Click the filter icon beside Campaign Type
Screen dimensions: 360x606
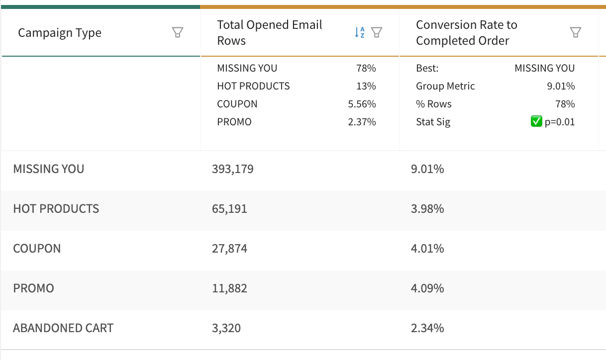point(177,33)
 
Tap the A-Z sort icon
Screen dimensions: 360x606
point(360,33)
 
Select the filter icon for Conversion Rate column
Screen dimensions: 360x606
point(575,33)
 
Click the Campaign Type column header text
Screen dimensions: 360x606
point(60,33)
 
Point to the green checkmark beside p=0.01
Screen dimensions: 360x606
point(536,122)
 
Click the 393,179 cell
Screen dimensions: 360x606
point(233,169)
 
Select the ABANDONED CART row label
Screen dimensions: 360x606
point(63,328)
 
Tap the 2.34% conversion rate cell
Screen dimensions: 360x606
point(427,328)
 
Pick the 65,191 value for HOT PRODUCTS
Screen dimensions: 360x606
point(229,209)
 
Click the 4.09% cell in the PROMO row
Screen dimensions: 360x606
point(427,288)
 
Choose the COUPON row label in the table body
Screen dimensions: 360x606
point(37,249)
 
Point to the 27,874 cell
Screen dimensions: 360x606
point(229,249)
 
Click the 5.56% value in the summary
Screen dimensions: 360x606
point(362,104)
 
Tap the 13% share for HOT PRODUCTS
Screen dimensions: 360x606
point(366,86)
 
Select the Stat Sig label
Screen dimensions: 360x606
point(433,122)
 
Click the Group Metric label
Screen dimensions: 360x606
point(445,86)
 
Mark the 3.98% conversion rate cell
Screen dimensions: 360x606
point(427,209)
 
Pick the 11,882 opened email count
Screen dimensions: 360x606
point(229,288)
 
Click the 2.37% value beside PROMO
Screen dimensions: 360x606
point(362,122)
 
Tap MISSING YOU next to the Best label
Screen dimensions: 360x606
point(544,68)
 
